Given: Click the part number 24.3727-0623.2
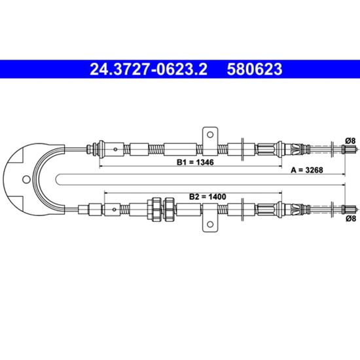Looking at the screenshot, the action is pyautogui.click(x=149, y=69).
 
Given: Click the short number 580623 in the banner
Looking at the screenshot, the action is pyautogui.click(x=255, y=69).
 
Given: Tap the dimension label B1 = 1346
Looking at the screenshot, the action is pyautogui.click(x=195, y=162).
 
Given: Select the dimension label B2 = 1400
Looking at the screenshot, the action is pyautogui.click(x=207, y=196).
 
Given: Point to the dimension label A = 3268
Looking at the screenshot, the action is pyautogui.click(x=307, y=170).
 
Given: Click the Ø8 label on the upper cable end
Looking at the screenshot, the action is pyautogui.click(x=350, y=141).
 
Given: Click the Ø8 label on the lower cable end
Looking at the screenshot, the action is pyautogui.click(x=350, y=219).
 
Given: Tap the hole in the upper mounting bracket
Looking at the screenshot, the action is pyautogui.click(x=210, y=135).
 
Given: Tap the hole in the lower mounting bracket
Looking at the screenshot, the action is pyautogui.click(x=210, y=224).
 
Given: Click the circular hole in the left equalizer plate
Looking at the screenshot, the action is pyautogui.click(x=26, y=179).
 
